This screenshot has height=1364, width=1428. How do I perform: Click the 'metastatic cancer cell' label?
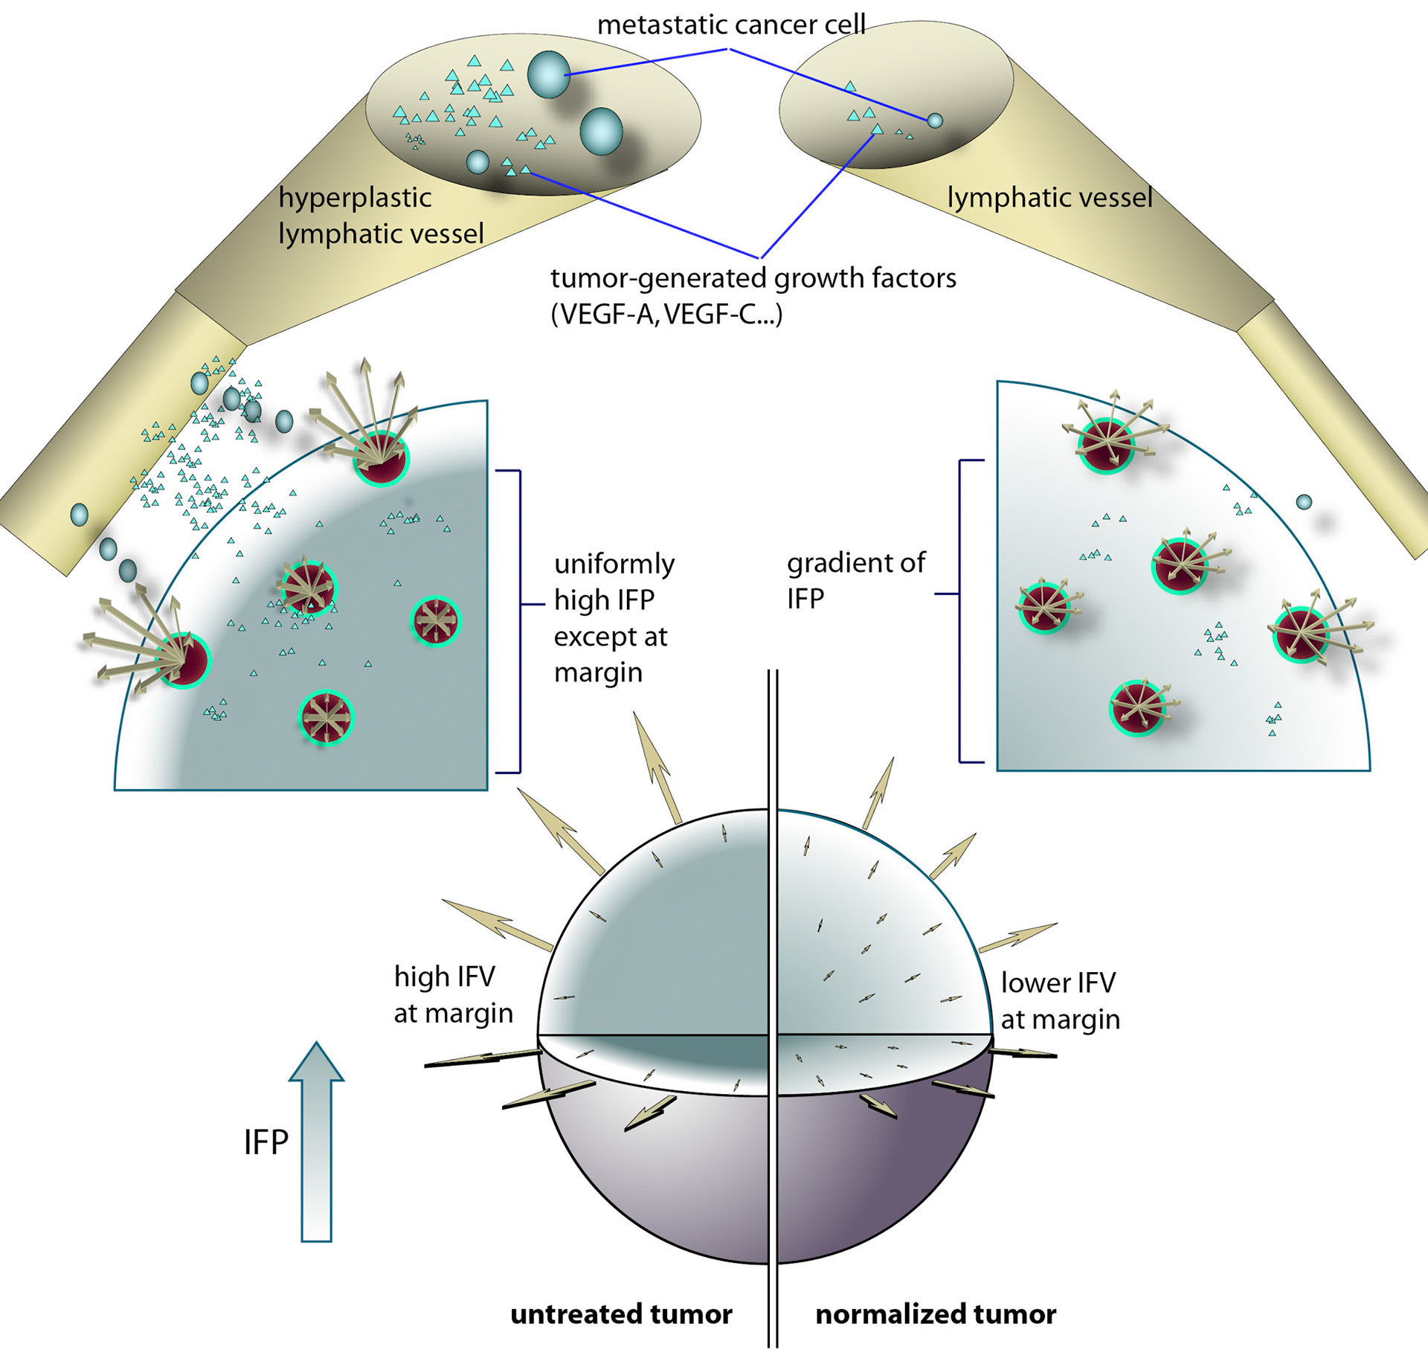pyautogui.click(x=731, y=25)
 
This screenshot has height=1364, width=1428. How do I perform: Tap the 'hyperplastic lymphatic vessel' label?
pyautogui.click(x=381, y=216)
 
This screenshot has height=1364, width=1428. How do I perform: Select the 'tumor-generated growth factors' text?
pyautogui.click(x=753, y=278)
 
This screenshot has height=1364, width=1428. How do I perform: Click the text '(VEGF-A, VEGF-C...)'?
pyautogui.click(x=666, y=315)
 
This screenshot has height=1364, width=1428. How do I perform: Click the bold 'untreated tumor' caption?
pyautogui.click(x=621, y=1314)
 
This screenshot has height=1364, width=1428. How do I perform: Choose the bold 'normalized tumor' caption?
pyautogui.click(x=936, y=1314)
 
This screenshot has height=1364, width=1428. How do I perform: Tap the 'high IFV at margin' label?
pyautogui.click(x=453, y=994)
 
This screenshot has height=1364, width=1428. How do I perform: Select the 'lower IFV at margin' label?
pyautogui.click(x=1059, y=1000)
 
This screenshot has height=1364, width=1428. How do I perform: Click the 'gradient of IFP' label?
pyautogui.click(x=855, y=580)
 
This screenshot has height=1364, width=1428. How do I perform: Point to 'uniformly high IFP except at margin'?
pyautogui.click(x=614, y=617)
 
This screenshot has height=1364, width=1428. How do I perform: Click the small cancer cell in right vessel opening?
pyautogui.click(x=935, y=120)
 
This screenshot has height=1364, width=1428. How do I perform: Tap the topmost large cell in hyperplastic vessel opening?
pyautogui.click(x=548, y=74)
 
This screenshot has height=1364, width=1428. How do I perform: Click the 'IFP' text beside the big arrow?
pyautogui.click(x=266, y=1142)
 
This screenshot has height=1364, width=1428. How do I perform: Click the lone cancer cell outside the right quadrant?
pyautogui.click(x=1304, y=502)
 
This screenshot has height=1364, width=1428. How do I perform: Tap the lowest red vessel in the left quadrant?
pyautogui.click(x=325, y=718)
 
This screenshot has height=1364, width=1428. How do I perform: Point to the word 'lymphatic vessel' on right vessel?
pyautogui.click(x=1049, y=198)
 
